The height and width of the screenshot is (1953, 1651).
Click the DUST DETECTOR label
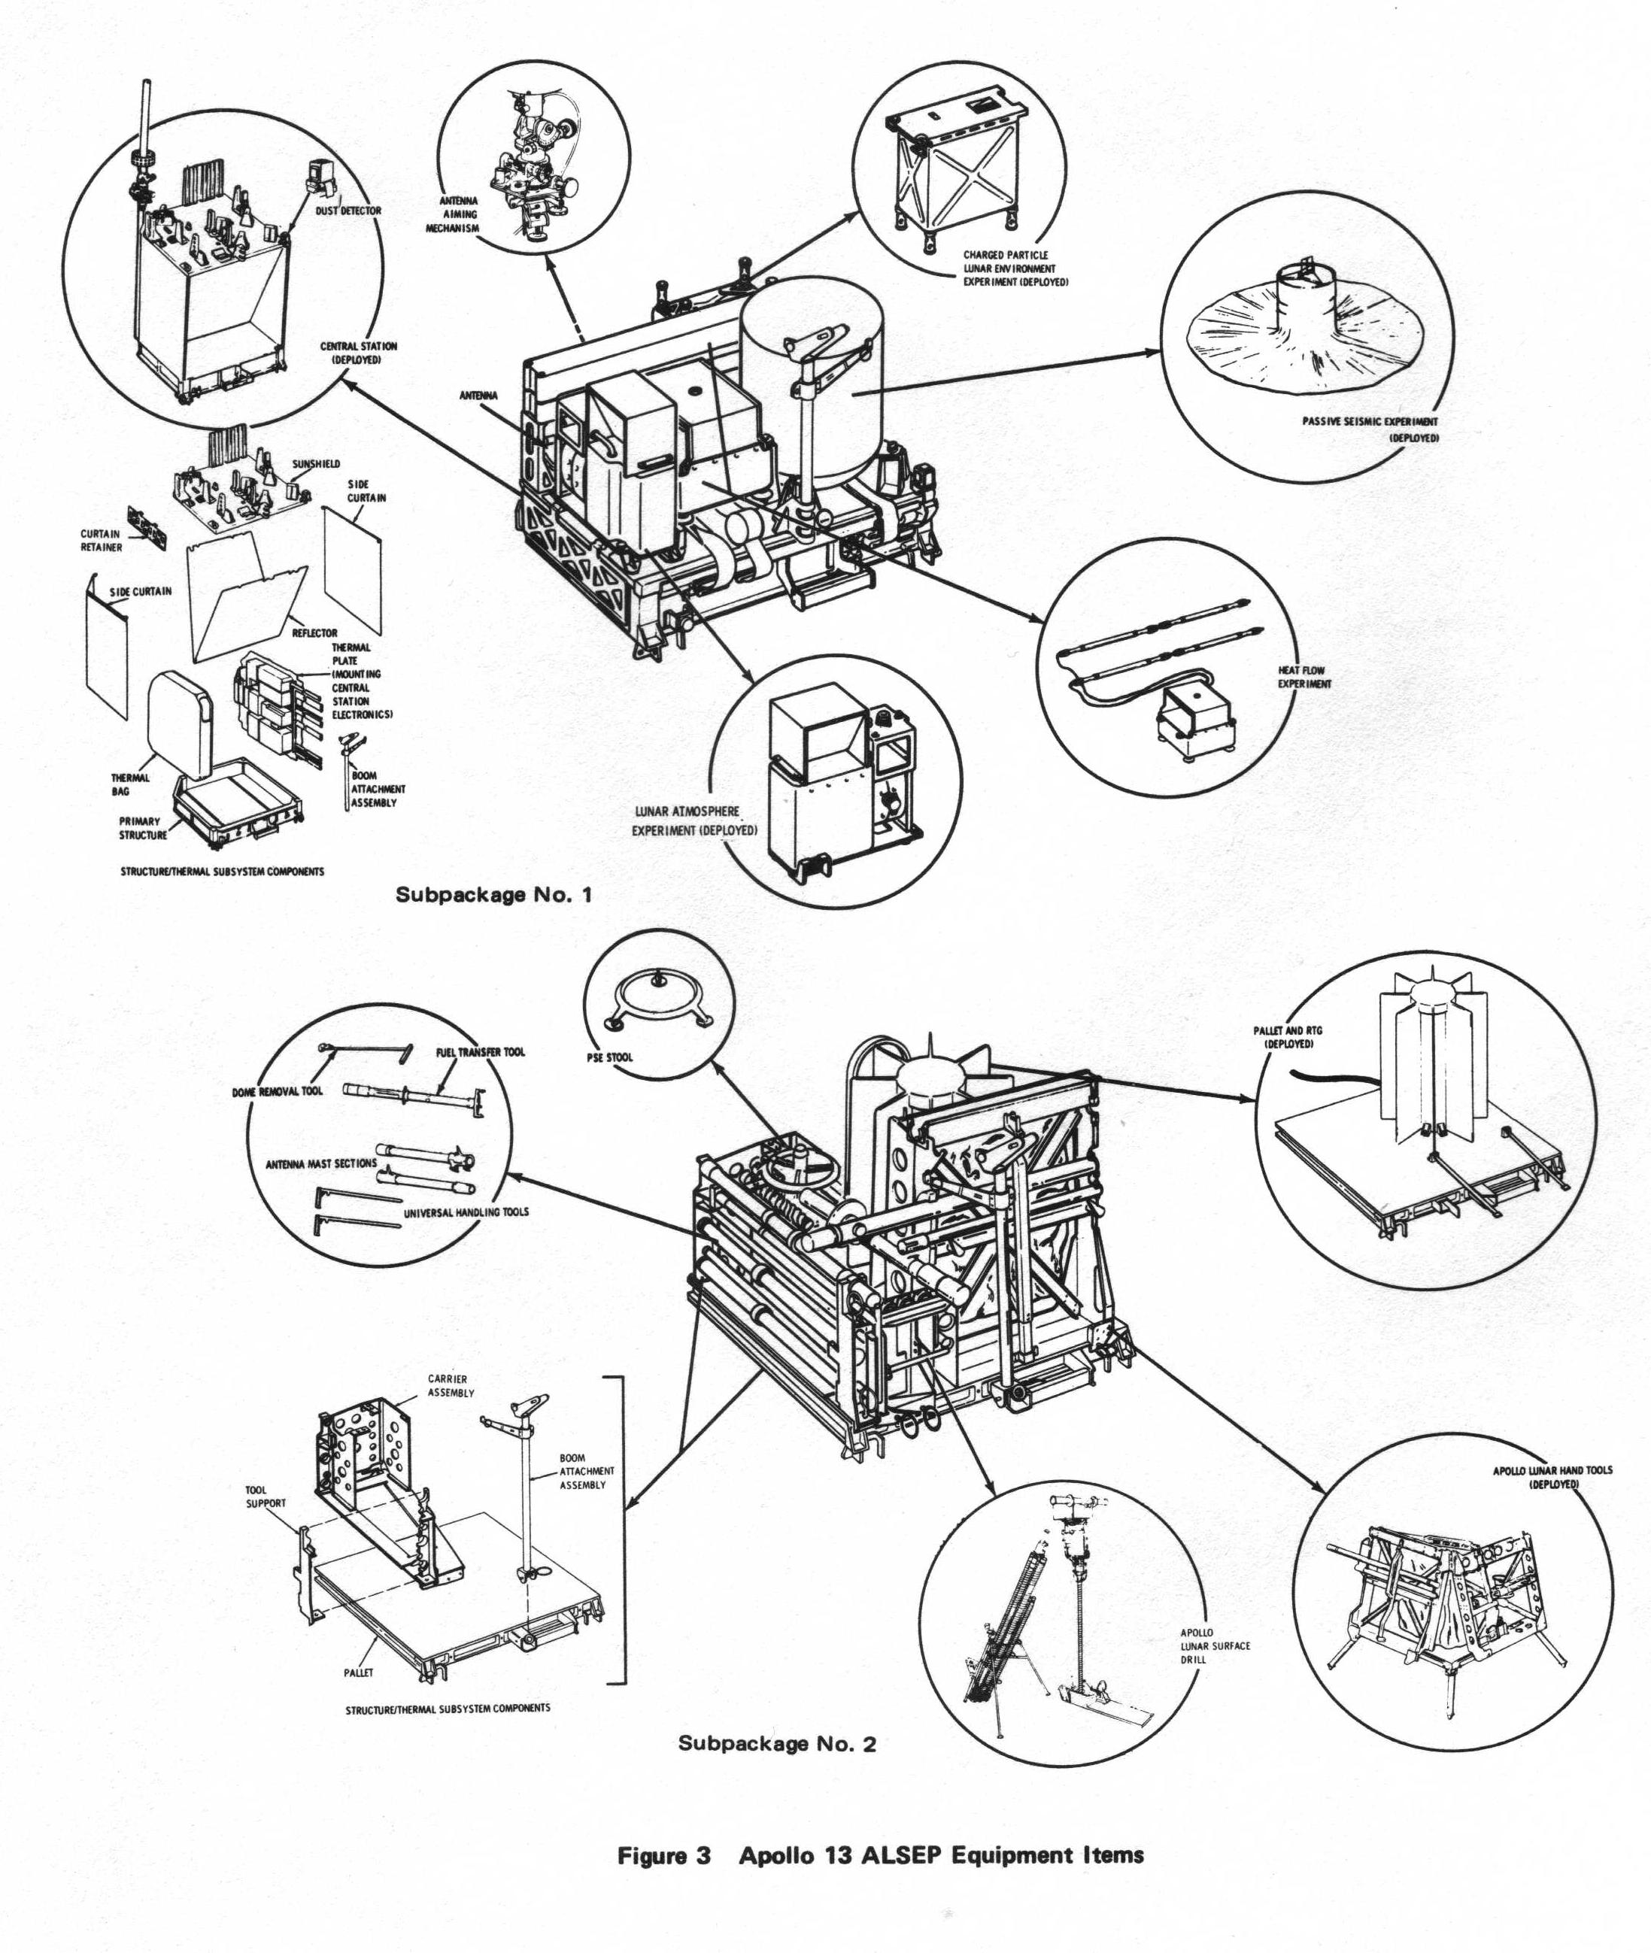(348, 211)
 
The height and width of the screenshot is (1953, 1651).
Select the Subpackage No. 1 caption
(493, 893)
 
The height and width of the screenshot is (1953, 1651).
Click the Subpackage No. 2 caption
(777, 1743)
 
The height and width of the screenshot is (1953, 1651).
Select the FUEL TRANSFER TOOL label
(480, 1052)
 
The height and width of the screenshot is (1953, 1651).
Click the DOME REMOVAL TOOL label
(277, 1091)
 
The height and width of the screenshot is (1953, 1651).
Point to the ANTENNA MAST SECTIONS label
(321, 1164)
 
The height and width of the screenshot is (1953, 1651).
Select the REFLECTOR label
(314, 633)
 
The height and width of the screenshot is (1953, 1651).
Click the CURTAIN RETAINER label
(101, 541)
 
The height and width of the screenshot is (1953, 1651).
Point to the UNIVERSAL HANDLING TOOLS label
(466, 1212)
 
